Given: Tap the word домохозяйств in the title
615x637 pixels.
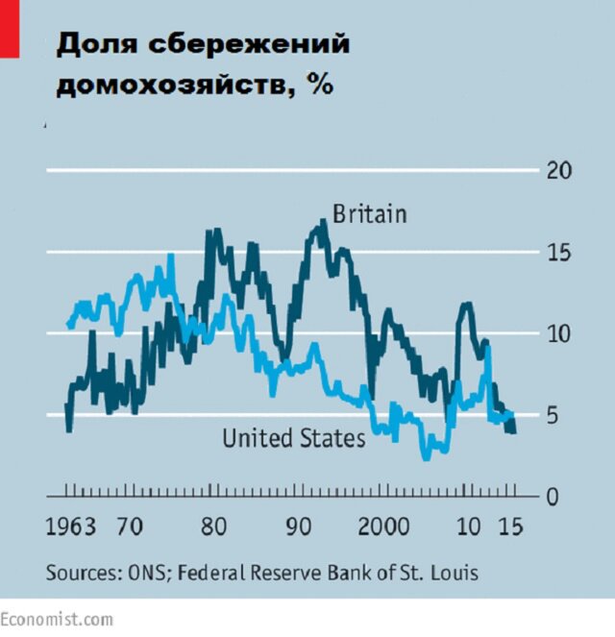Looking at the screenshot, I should point(175,85).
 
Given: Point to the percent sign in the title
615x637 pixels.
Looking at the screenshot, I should point(320,85).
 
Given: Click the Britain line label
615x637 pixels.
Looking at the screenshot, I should point(369,213).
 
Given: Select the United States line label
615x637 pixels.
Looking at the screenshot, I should point(294,439).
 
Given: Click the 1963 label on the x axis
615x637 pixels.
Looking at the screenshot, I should point(72,527).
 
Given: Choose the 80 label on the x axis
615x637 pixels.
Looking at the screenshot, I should point(213,527).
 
